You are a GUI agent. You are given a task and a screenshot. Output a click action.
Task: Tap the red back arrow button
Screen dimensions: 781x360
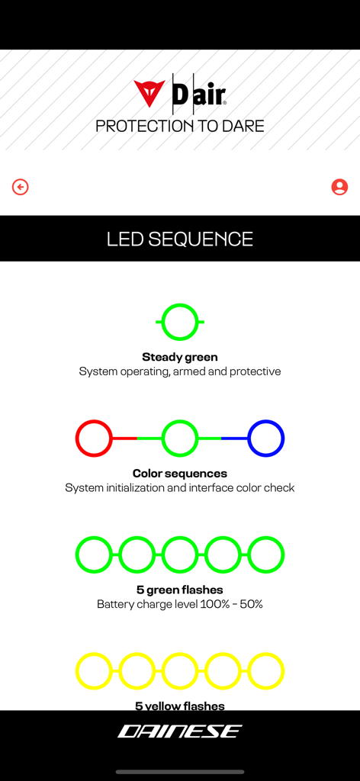[x=21, y=187]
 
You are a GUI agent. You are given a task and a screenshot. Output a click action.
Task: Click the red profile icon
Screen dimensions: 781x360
[x=339, y=187]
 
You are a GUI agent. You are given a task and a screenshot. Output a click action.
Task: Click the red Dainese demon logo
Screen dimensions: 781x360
[x=149, y=93]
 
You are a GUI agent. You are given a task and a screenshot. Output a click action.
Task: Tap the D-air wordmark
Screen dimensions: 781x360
[x=198, y=94]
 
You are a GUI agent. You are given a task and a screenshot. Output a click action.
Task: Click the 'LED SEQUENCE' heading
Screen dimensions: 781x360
[x=180, y=239]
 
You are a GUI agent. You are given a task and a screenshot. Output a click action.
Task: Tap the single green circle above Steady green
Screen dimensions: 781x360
[x=180, y=322]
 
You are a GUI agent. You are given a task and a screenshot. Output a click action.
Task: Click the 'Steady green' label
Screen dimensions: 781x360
[x=180, y=357]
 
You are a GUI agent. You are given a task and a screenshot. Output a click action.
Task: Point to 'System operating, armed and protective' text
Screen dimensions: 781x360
[x=180, y=371]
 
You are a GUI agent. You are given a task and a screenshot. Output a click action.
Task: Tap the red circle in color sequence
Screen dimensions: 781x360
[x=94, y=439]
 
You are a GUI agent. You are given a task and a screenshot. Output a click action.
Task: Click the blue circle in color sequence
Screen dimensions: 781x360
[x=266, y=439]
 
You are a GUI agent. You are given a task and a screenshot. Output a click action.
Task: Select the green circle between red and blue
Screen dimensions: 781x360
[x=180, y=439]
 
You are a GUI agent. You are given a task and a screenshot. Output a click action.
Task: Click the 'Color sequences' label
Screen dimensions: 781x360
[x=180, y=474]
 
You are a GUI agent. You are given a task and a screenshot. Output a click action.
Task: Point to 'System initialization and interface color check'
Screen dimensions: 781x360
[x=180, y=487]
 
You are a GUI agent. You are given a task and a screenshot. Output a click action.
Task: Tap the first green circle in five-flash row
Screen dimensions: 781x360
[x=94, y=554]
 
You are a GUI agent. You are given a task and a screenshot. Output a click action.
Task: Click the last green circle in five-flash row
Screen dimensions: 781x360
[x=266, y=554]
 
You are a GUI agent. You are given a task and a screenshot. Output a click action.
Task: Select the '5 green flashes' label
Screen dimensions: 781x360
[x=180, y=590]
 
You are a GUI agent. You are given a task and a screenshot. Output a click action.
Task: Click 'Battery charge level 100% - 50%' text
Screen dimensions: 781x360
[x=180, y=604]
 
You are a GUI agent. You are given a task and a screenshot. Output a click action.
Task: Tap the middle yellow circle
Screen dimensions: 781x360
[x=180, y=671]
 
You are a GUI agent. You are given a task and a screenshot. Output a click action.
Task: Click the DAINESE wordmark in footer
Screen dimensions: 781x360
[x=180, y=732]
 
